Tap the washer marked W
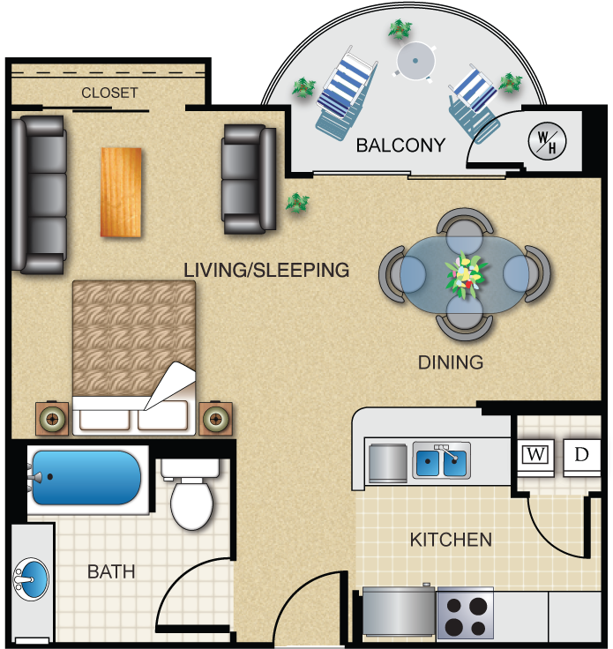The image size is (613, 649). tap(535, 456)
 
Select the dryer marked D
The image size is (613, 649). tap(581, 456)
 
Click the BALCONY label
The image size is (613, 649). tap(400, 145)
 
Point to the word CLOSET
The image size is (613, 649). tap(109, 93)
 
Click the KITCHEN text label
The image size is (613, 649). tap(451, 539)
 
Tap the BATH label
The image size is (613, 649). tap(111, 571)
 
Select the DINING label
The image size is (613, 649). tap(451, 362)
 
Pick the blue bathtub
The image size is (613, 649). tap(85, 477)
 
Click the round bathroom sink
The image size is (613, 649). tap(31, 580)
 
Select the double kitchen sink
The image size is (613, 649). tap(442, 461)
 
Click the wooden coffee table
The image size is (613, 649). tap(121, 191)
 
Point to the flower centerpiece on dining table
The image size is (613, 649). tap(464, 274)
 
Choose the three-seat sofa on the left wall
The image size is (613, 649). tap(40, 194)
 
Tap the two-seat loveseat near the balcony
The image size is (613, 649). tap(248, 180)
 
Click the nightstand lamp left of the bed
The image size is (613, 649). tap(52, 419)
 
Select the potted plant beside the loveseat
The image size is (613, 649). tap(297, 204)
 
